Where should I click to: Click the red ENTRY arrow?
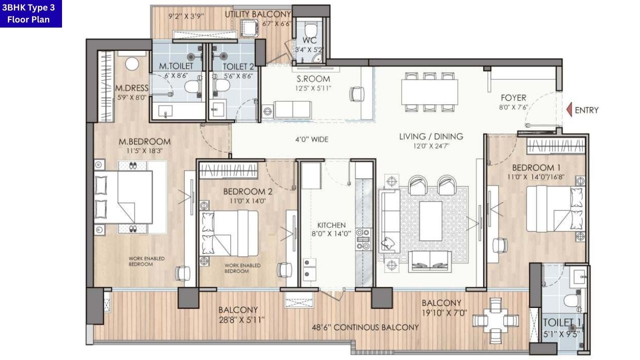pyautogui.click(x=568, y=110)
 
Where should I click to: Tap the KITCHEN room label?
pyautogui.click(x=331, y=225)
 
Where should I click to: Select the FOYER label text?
pyautogui.click(x=513, y=98)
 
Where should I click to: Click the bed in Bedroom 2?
pyautogui.click(x=229, y=233)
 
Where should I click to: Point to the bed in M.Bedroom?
pyautogui.click(x=129, y=197)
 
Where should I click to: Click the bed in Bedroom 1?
pyautogui.click(x=553, y=208)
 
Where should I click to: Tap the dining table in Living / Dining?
pyautogui.click(x=429, y=92)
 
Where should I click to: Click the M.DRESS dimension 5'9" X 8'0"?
pyautogui.click(x=131, y=97)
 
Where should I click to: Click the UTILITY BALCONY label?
pyautogui.click(x=257, y=14)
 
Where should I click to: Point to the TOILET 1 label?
pyautogui.click(x=562, y=322)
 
